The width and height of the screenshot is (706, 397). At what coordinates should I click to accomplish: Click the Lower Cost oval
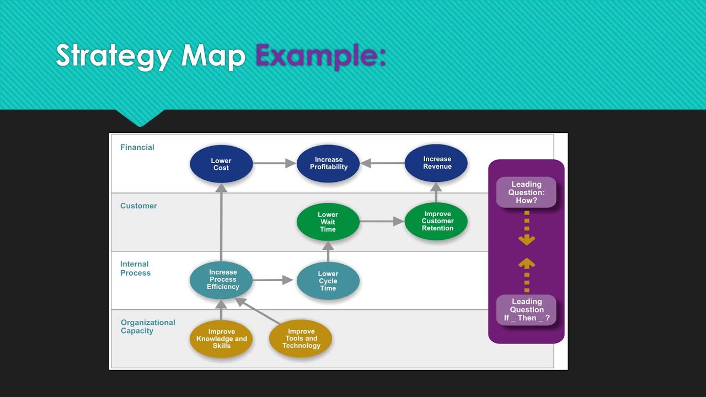(x=221, y=164)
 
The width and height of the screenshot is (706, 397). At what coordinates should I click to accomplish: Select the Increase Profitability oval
(x=328, y=163)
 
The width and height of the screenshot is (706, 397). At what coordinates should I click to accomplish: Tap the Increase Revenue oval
(x=436, y=163)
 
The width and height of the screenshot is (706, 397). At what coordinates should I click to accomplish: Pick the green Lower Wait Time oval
(x=328, y=222)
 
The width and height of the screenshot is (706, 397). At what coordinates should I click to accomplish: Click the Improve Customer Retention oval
(x=436, y=221)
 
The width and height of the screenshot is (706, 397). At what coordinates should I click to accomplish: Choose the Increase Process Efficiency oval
(x=221, y=280)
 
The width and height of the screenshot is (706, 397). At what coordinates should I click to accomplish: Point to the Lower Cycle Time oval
(x=328, y=281)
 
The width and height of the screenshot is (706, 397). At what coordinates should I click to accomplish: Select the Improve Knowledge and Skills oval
(x=221, y=339)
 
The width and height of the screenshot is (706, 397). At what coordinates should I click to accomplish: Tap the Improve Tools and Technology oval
(x=301, y=339)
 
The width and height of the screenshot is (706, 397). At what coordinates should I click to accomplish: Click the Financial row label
(x=137, y=147)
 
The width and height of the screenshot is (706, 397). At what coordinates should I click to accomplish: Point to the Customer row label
(x=138, y=206)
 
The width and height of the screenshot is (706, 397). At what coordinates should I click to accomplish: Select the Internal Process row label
(x=135, y=269)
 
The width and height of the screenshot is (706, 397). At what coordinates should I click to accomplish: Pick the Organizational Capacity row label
(x=148, y=326)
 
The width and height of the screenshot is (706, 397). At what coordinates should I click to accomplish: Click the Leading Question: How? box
(x=526, y=192)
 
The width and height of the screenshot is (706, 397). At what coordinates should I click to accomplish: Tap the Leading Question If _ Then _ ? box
(x=526, y=310)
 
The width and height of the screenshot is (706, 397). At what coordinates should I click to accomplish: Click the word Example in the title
(x=320, y=56)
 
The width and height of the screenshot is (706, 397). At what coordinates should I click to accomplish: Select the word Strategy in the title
(x=114, y=56)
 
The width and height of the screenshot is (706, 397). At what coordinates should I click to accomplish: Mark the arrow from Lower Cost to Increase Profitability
(x=274, y=163)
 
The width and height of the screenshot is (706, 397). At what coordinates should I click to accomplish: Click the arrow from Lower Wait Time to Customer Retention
(x=382, y=222)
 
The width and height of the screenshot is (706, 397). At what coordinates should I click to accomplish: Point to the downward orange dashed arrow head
(x=527, y=240)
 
